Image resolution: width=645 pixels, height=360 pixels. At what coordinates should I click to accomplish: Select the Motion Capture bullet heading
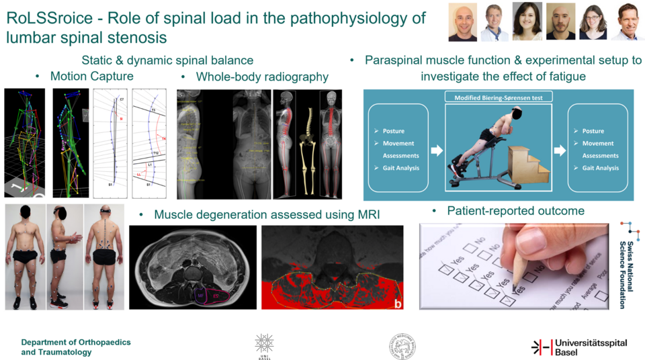pyautogui.click(x=91, y=77)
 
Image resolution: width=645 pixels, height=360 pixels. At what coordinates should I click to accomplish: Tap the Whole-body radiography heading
pyautogui.click(x=262, y=77)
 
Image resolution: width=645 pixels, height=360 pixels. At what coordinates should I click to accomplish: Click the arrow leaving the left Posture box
pyautogui.click(x=436, y=150)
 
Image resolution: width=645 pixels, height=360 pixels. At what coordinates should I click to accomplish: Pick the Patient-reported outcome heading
pyautogui.click(x=516, y=211)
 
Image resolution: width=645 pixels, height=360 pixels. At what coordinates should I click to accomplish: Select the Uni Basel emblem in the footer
pyautogui.click(x=264, y=346)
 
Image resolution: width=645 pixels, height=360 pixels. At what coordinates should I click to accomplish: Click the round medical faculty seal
pyautogui.click(x=402, y=347)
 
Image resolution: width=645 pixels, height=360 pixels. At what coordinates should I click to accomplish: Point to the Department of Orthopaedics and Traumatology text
pyautogui.click(x=76, y=347)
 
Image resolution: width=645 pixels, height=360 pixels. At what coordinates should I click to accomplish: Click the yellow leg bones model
pyautogui.click(x=311, y=144)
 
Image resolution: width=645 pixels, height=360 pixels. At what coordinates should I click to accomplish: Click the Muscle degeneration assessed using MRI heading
pyautogui.click(x=267, y=215)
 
